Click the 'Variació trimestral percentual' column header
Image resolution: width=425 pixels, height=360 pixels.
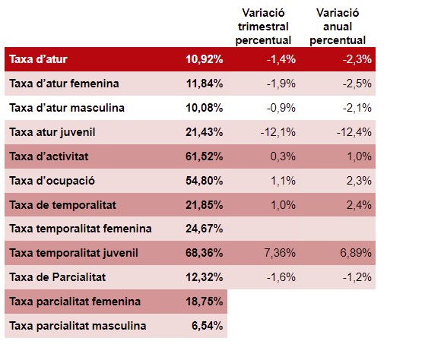263,27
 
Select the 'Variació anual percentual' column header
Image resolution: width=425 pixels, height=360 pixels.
338,27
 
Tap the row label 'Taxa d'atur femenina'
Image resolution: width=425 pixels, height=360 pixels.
64,84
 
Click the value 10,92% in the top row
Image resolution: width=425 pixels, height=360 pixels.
205,59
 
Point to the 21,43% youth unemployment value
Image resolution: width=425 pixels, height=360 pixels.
205,132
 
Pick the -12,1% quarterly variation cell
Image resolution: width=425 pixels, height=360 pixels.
278,132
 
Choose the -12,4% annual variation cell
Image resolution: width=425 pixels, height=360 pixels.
354,132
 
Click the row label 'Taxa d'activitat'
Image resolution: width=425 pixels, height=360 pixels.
49,156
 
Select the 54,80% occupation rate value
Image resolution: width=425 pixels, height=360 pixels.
205,181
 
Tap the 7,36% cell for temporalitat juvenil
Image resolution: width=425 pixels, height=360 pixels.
280,253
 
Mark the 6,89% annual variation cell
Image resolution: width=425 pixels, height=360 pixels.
356,253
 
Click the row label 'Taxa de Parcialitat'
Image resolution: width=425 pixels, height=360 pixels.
58,277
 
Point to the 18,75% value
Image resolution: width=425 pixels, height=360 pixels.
205,302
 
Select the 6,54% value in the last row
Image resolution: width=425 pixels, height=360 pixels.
208,326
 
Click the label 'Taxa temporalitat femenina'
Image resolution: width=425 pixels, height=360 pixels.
81,229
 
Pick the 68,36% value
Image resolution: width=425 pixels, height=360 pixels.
205,253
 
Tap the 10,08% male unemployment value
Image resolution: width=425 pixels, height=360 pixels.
205,108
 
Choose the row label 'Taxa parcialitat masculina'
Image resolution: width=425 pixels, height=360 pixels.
78,326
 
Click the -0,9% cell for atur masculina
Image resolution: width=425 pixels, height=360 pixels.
281,108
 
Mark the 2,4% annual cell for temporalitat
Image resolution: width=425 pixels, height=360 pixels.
359,205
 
